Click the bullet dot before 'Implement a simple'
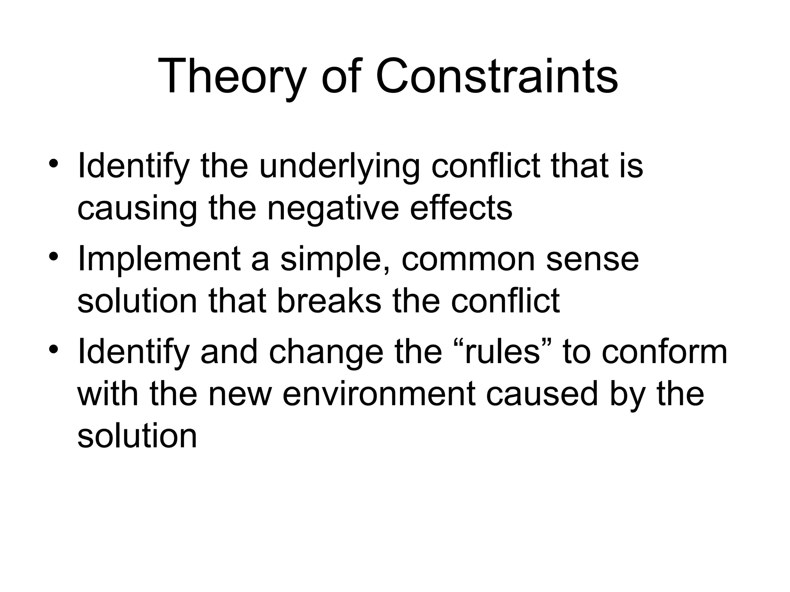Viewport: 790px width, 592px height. tap(54, 256)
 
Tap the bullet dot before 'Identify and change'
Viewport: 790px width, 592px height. tap(54, 349)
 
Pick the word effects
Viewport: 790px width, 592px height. tap(461, 208)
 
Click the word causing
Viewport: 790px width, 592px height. tap(137, 208)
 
